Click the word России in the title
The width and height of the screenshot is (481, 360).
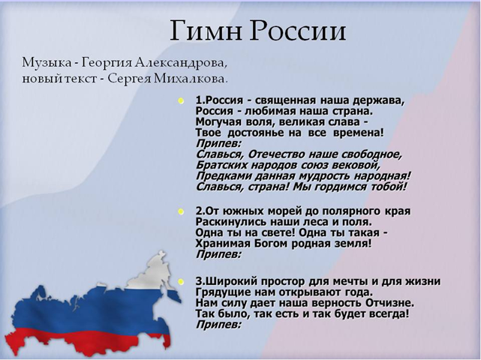coord(298,31)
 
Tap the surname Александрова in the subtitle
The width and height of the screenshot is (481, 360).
coord(182,63)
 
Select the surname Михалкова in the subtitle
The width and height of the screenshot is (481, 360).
coord(191,79)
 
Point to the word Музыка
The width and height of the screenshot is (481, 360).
coord(47,63)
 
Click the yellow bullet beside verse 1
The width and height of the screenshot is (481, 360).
coord(181,100)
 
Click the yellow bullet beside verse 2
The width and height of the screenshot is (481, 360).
coord(181,211)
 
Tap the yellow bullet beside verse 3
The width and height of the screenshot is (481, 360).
coord(181,281)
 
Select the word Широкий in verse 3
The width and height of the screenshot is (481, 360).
coord(230,281)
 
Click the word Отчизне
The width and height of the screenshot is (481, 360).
coord(389,303)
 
